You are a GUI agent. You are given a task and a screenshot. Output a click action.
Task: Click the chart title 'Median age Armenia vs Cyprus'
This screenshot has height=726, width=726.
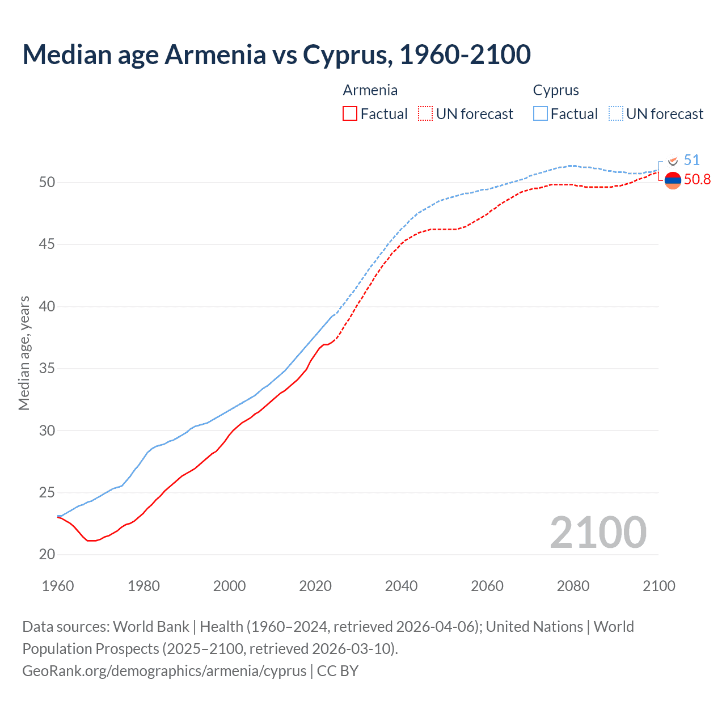[x=276, y=54]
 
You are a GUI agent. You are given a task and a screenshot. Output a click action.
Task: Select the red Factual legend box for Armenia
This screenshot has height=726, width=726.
[x=350, y=114]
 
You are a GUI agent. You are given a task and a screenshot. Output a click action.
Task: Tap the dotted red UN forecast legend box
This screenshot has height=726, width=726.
[x=425, y=114]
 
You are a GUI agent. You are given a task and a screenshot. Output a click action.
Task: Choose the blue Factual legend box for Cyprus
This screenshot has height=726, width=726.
[x=540, y=114]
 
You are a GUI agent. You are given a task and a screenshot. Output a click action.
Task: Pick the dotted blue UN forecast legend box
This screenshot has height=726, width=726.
[x=615, y=114]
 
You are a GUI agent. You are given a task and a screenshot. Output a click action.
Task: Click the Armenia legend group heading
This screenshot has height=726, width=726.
[x=370, y=90]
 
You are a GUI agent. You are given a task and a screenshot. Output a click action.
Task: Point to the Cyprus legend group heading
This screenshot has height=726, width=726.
[x=556, y=90]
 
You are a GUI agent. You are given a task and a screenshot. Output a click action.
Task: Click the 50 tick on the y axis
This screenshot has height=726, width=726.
[x=47, y=183]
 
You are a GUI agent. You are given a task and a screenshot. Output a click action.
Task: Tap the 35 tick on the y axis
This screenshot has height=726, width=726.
[x=47, y=369]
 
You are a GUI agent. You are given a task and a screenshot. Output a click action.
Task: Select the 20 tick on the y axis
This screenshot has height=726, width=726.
[x=47, y=555]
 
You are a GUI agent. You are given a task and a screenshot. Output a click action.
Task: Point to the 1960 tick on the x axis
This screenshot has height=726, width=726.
[x=58, y=586]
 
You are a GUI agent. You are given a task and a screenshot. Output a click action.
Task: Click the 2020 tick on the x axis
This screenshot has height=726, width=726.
[x=315, y=586]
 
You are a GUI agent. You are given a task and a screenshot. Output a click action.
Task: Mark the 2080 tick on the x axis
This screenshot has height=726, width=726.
[x=573, y=586]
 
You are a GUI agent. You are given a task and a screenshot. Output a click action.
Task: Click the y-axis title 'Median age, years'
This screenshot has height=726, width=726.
[x=24, y=353]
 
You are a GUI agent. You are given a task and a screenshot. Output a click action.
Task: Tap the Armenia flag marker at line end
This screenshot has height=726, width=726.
[x=673, y=180]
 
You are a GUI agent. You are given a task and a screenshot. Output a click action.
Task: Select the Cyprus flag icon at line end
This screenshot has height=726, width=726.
[x=673, y=162]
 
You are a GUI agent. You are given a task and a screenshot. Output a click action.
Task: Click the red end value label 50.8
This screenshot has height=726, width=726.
[x=697, y=180]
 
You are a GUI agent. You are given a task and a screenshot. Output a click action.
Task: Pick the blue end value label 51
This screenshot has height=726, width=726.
[x=692, y=161]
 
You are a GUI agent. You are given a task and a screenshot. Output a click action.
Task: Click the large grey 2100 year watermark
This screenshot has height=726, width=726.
[x=598, y=532]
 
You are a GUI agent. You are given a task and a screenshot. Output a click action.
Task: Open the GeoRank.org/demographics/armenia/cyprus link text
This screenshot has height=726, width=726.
[x=164, y=671]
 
